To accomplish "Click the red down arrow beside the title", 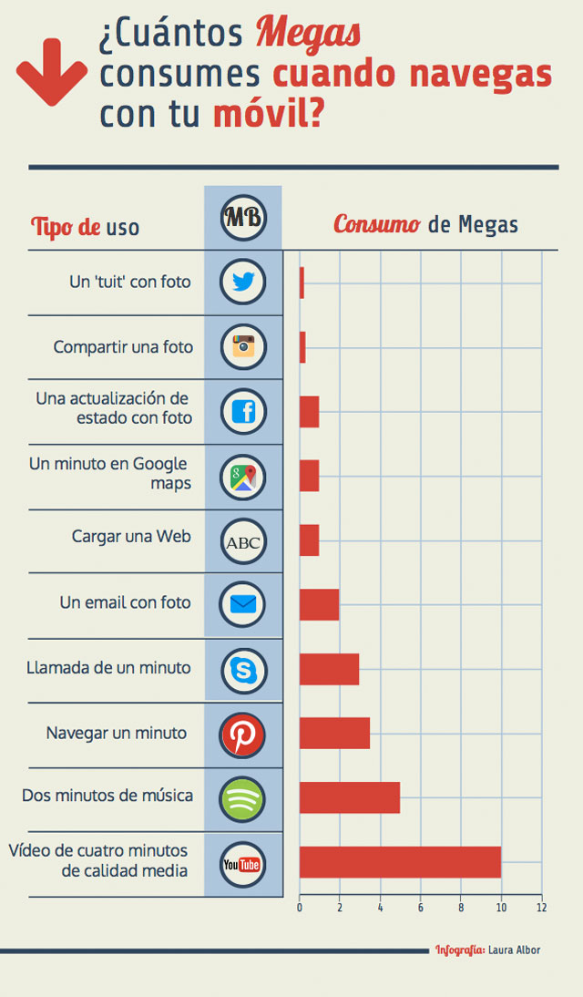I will [52, 70].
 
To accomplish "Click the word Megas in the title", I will [308, 35].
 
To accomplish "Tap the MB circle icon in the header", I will [243, 218].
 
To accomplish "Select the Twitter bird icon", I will [243, 283].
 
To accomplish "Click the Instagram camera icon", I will [243, 346].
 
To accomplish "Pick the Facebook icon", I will [243, 412].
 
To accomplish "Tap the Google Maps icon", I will [243, 477].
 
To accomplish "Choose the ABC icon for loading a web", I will [243, 542].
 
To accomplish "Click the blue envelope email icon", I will [243, 604].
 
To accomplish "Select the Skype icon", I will [243, 670].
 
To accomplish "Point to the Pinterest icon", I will [243, 735].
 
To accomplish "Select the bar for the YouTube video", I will [400, 862].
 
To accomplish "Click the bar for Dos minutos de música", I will [349, 797].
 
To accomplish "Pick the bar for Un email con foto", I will [319, 604].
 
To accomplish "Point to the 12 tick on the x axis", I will [541, 907].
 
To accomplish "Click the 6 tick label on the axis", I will [421, 907].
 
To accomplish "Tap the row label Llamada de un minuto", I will [109, 668].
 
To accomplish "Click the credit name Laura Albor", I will [514, 950].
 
